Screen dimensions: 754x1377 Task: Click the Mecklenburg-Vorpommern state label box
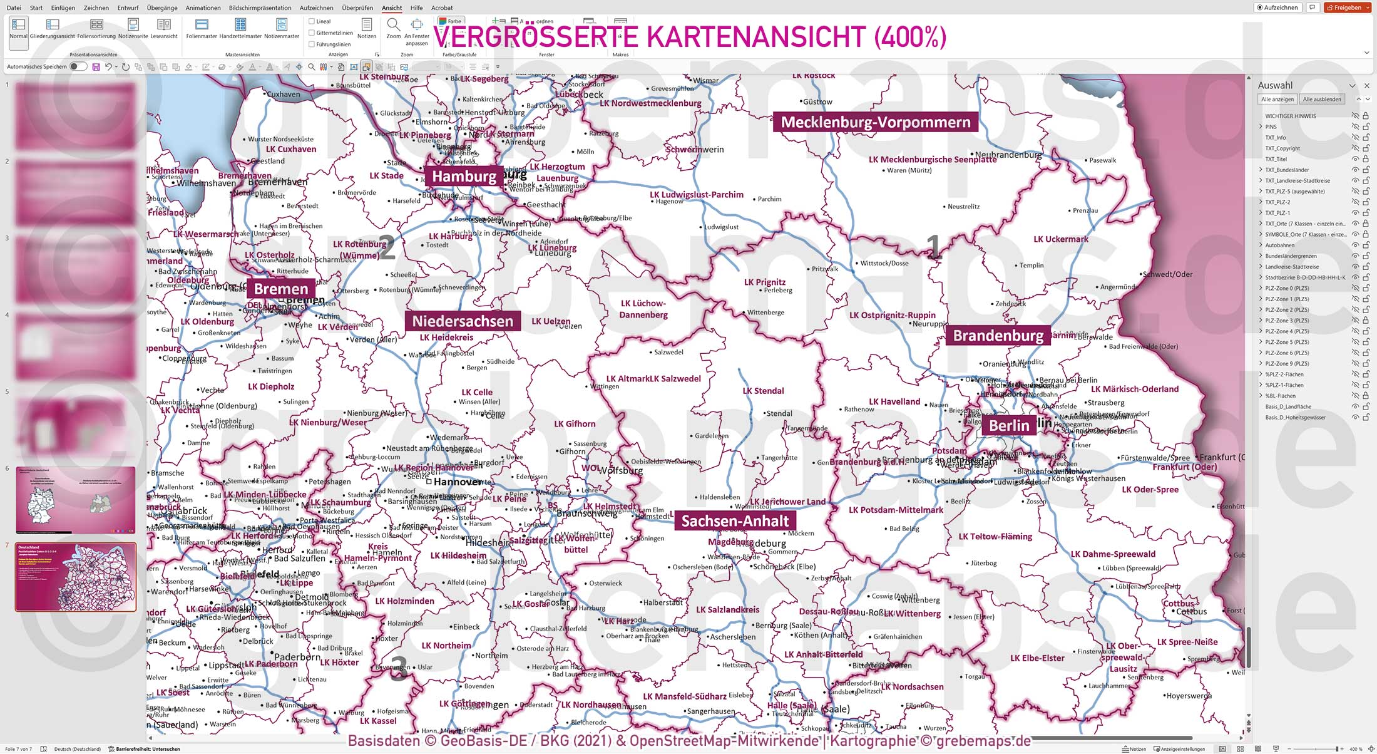point(875,122)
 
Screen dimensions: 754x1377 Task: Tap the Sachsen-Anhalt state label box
point(735,521)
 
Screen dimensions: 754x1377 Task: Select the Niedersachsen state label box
point(463,321)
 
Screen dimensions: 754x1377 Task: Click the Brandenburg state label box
point(998,336)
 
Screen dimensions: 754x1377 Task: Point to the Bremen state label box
point(281,289)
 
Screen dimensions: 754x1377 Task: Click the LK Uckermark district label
point(1060,239)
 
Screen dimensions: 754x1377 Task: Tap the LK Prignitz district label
point(764,282)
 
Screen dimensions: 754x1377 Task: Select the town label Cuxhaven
point(284,95)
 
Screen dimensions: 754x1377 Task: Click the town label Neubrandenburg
point(1008,155)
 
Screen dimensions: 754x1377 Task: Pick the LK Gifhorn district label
point(575,424)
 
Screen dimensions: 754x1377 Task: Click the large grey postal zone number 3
point(398,668)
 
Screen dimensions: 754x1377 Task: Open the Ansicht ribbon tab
point(392,8)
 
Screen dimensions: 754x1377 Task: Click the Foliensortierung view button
point(96,28)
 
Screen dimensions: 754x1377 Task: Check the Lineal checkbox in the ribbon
point(312,21)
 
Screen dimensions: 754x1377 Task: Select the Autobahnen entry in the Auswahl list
point(1279,245)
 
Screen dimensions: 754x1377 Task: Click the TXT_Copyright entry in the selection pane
point(1282,148)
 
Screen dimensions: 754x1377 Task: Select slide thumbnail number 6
point(75,500)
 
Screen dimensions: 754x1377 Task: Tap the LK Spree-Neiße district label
point(1187,642)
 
